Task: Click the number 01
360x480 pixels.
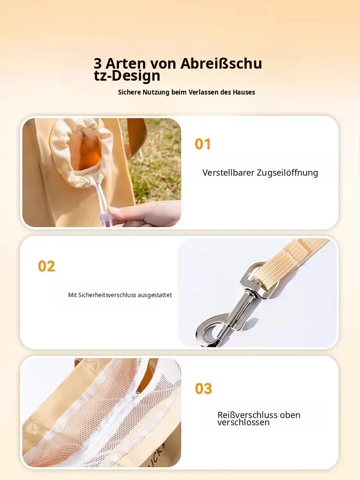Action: click(x=203, y=144)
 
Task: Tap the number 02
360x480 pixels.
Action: click(x=47, y=266)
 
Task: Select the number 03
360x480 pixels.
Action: click(x=204, y=389)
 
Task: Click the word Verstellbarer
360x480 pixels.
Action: click(x=228, y=173)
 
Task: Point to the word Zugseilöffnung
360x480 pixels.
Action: click(x=288, y=173)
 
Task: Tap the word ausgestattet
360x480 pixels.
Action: click(x=155, y=295)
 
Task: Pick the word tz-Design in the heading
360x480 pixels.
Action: click(x=127, y=76)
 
